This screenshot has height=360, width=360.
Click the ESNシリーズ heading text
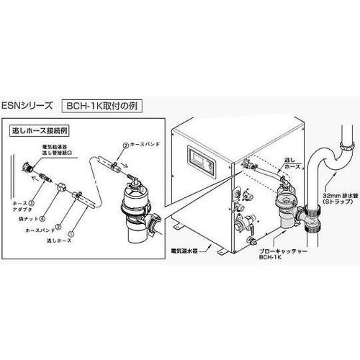coord(28,105)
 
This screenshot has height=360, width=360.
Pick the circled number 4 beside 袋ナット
coord(45,209)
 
